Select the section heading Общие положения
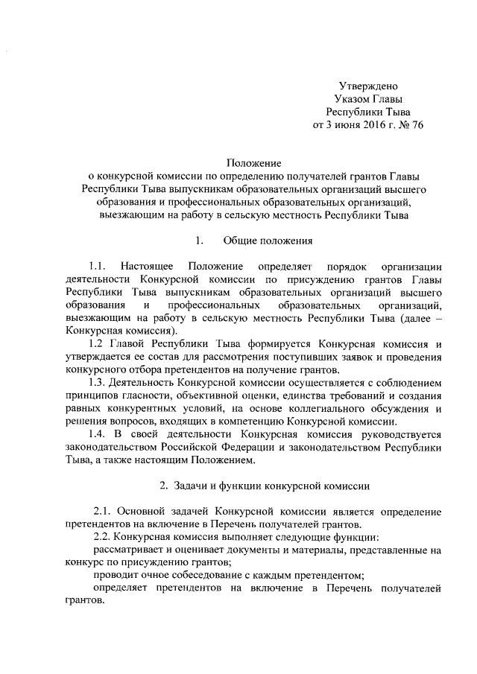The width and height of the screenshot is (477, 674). coord(262,241)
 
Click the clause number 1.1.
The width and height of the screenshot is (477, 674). coord(96,266)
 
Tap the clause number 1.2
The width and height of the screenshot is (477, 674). coord(94,343)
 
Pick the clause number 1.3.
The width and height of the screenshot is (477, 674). coord(96,382)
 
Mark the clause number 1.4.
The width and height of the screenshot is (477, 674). coord(96,434)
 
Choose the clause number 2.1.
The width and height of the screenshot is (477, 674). coord(104,512)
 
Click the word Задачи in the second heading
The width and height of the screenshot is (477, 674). coord(193,486)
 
